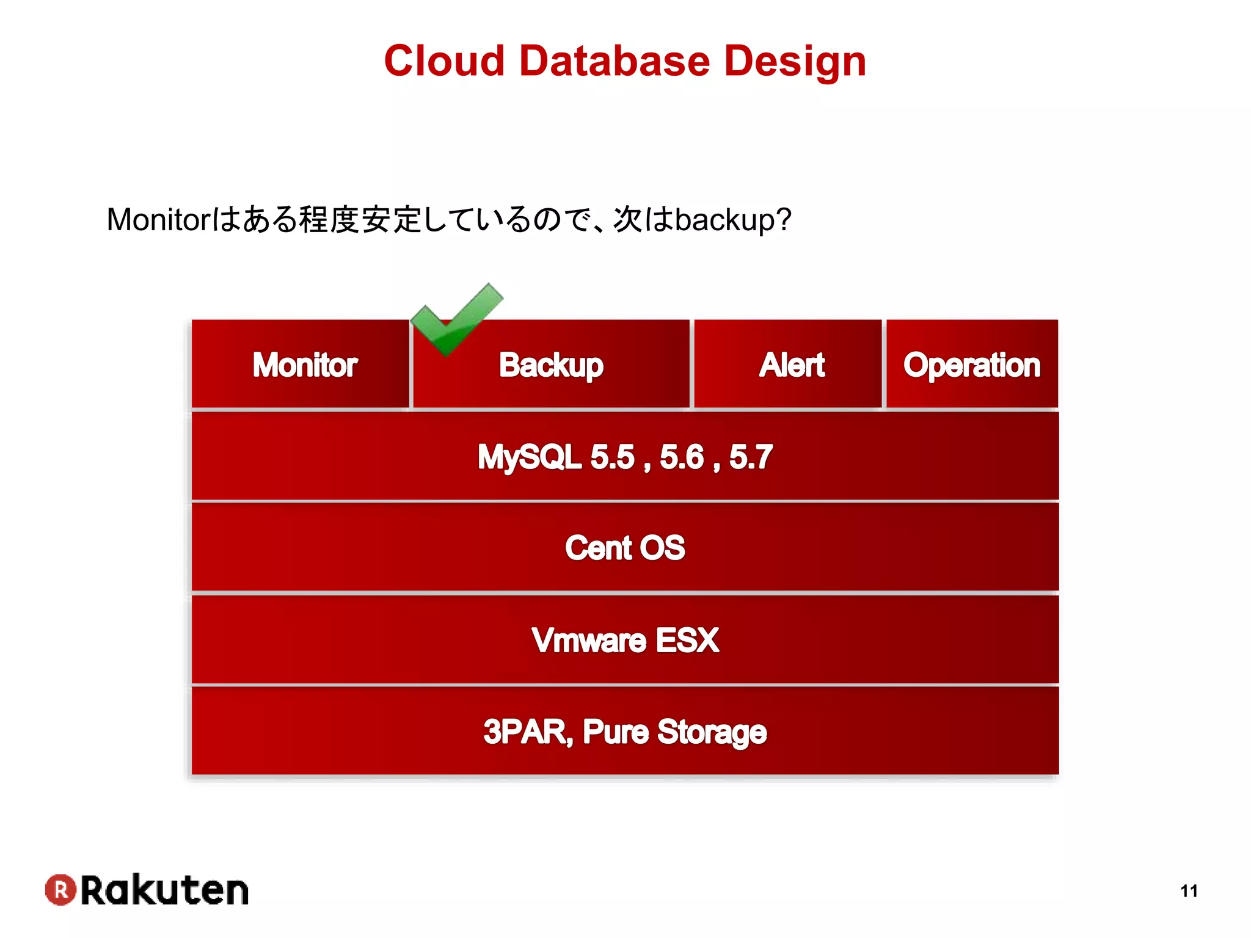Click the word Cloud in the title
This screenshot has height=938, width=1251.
click(444, 61)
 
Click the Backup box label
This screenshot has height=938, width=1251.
click(551, 365)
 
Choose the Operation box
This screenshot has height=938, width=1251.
click(972, 365)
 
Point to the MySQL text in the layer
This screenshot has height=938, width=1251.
click(529, 457)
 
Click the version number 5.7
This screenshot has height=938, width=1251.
click(751, 457)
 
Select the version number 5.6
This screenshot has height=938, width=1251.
click(682, 457)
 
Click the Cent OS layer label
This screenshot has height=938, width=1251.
click(625, 548)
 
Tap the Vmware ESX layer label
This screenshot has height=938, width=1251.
click(625, 640)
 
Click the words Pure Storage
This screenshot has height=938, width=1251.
click(674, 732)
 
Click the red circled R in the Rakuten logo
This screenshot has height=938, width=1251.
click(60, 890)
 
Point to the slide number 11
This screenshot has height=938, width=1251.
click(1189, 891)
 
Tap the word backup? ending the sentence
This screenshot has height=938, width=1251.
click(733, 220)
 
